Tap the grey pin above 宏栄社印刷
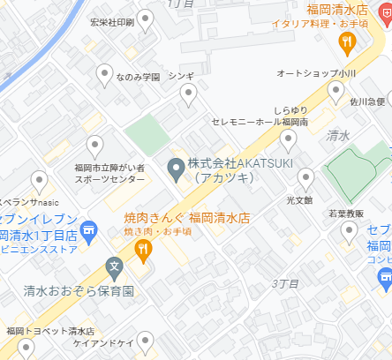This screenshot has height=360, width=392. tap(146, 19)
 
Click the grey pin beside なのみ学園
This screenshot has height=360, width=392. tap(104, 73)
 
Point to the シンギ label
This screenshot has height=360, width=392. tap(180, 76)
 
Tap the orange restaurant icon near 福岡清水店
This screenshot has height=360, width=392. tap(349, 41)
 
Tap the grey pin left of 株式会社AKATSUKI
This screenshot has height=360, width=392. tap(175, 166)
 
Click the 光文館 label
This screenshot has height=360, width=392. tap(300, 200)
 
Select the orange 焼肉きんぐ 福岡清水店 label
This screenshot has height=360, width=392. tap(186, 217)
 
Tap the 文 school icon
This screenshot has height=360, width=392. tap(113, 265)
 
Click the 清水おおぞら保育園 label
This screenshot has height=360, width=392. tap(79, 289)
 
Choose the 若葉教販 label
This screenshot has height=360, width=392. tap(346, 214)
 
